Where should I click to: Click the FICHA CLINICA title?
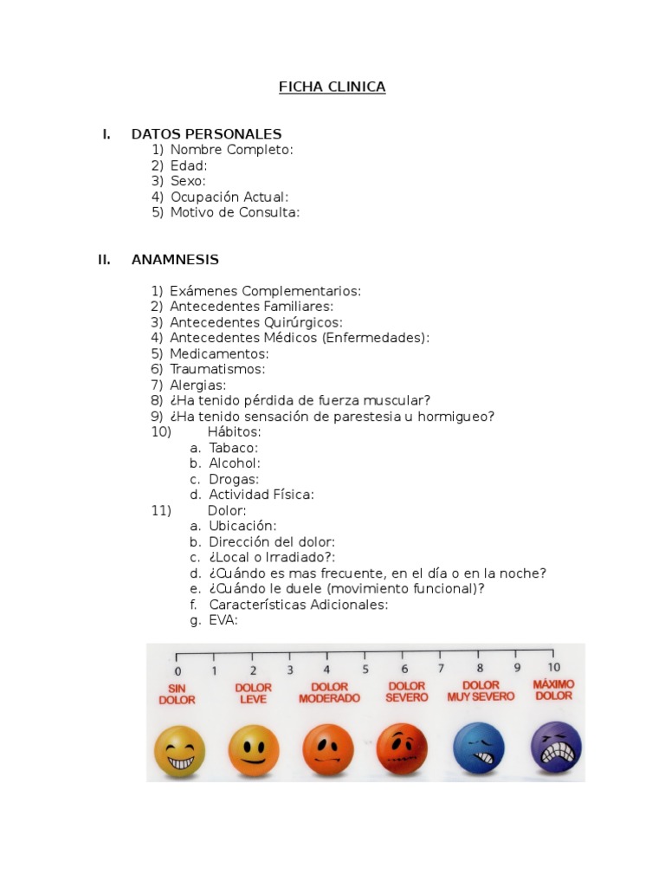(332, 87)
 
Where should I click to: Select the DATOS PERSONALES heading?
(206, 134)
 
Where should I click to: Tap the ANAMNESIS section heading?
(175, 260)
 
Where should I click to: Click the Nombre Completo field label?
(231, 150)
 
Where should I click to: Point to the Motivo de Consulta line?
(235, 212)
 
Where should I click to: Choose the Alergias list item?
(198, 385)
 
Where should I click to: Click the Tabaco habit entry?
(233, 448)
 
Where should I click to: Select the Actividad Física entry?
(261, 495)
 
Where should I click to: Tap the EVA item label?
(223, 620)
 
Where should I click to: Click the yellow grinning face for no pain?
(179, 751)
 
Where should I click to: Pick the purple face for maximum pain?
(556, 747)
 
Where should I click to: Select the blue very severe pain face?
(479, 748)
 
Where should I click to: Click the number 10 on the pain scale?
(554, 667)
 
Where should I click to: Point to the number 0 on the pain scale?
(178, 670)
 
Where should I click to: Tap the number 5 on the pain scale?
(365, 669)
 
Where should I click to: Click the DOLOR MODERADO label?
(329, 693)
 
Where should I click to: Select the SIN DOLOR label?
(177, 695)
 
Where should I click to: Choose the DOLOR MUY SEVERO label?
(481, 690)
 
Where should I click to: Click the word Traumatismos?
(217, 369)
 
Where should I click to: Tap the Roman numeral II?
(105, 260)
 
